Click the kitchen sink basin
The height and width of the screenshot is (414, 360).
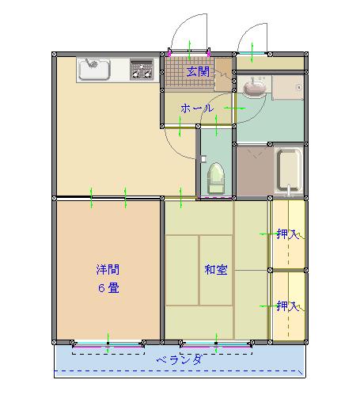pos(94,69)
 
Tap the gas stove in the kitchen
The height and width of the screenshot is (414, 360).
pos(142,70)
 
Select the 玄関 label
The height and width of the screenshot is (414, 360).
pos(198,72)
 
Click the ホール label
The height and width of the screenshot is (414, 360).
pos(197,108)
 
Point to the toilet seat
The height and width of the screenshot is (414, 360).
pos(216,178)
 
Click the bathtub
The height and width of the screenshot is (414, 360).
pos(289,170)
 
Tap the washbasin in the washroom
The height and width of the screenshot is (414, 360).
pos(254,88)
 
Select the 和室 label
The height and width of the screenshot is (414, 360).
pos(216,270)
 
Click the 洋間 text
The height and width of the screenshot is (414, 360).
pos(108,269)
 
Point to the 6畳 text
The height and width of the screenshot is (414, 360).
pos(108,288)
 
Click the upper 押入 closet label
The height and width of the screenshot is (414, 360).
pos(288,234)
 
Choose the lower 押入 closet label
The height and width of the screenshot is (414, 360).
pos(288,306)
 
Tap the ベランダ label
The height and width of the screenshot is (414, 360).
pos(180,360)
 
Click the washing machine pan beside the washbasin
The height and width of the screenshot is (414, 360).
pos(288,87)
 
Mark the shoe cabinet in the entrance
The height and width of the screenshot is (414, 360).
pos(224,74)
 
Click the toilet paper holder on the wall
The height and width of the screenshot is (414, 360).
pos(203,158)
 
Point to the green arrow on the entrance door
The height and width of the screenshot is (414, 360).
pos(190,51)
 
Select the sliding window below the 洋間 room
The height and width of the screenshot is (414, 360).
pos(108,344)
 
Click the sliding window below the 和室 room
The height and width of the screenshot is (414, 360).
pos(216,344)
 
